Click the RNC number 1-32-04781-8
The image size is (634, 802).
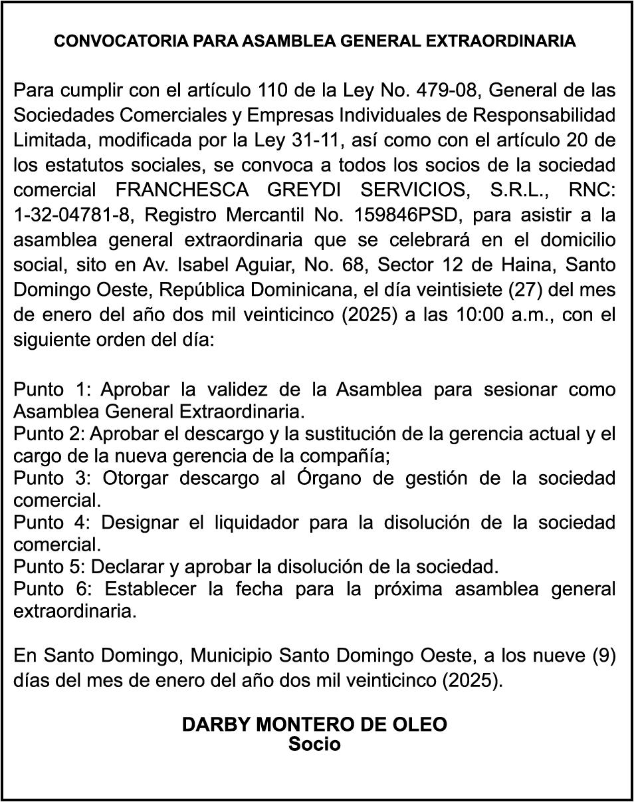pos(68,215)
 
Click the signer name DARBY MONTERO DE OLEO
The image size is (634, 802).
pos(314,724)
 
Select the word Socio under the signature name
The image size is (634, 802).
pos(314,743)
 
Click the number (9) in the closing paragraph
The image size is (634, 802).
pos(603,656)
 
